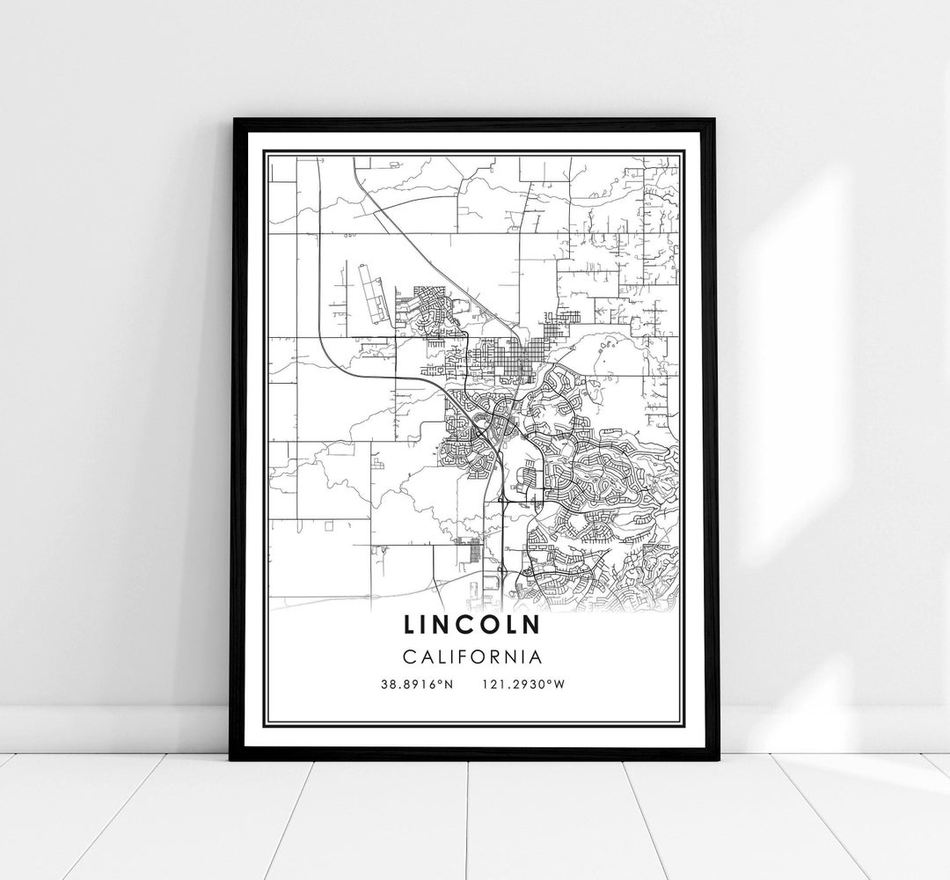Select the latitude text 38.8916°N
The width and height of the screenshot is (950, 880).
click(417, 684)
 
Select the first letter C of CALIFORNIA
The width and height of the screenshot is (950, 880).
click(409, 656)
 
